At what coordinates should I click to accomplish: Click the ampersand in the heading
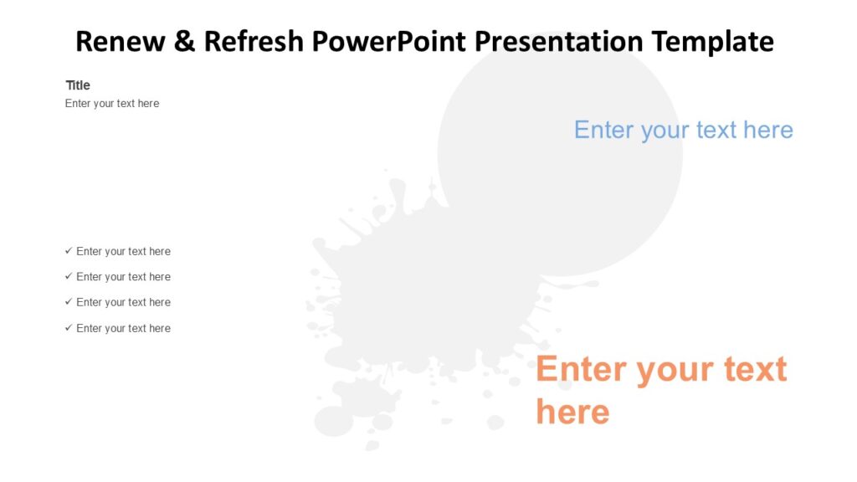point(184,41)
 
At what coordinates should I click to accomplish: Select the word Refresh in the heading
point(254,41)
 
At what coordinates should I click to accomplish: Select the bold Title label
point(78,85)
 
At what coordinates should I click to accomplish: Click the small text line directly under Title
point(112,104)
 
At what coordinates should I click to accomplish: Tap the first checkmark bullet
point(69,251)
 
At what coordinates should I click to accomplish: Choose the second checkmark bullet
point(69,276)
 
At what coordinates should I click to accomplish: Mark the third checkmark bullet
point(69,302)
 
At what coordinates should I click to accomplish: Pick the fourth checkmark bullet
point(69,328)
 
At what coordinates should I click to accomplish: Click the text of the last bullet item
point(123,328)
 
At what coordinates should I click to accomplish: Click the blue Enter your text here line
point(683,130)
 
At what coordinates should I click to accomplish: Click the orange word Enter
point(582,369)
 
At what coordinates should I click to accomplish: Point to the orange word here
point(572,412)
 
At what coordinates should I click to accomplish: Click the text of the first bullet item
point(123,251)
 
